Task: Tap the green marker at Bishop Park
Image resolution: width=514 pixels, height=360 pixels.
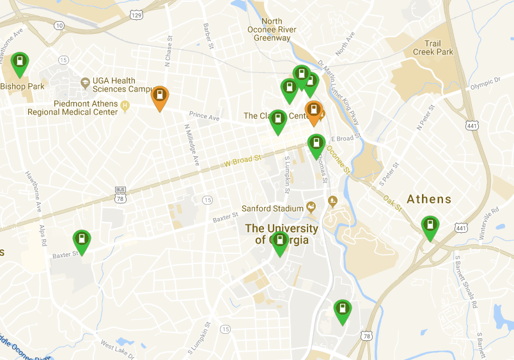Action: pyautogui.click(x=20, y=63)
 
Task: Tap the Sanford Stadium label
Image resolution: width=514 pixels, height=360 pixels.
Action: pyautogui.click(x=272, y=208)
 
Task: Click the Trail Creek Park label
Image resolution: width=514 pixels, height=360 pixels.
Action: pyautogui.click(x=433, y=48)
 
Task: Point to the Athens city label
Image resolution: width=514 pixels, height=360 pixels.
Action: pyautogui.click(x=429, y=199)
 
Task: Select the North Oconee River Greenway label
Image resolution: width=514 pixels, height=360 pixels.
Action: pyautogui.click(x=272, y=29)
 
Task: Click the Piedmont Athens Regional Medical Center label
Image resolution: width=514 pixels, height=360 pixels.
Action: pyautogui.click(x=72, y=107)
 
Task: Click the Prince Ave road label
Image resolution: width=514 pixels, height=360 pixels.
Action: pyautogui.click(x=204, y=117)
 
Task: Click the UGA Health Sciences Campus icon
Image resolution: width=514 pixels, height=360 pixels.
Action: pyautogui.click(x=85, y=83)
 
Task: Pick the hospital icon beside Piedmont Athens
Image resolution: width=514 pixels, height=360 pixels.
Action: pyautogui.click(x=125, y=104)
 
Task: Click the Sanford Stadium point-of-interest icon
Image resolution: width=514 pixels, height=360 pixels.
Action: pyautogui.click(x=311, y=207)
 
